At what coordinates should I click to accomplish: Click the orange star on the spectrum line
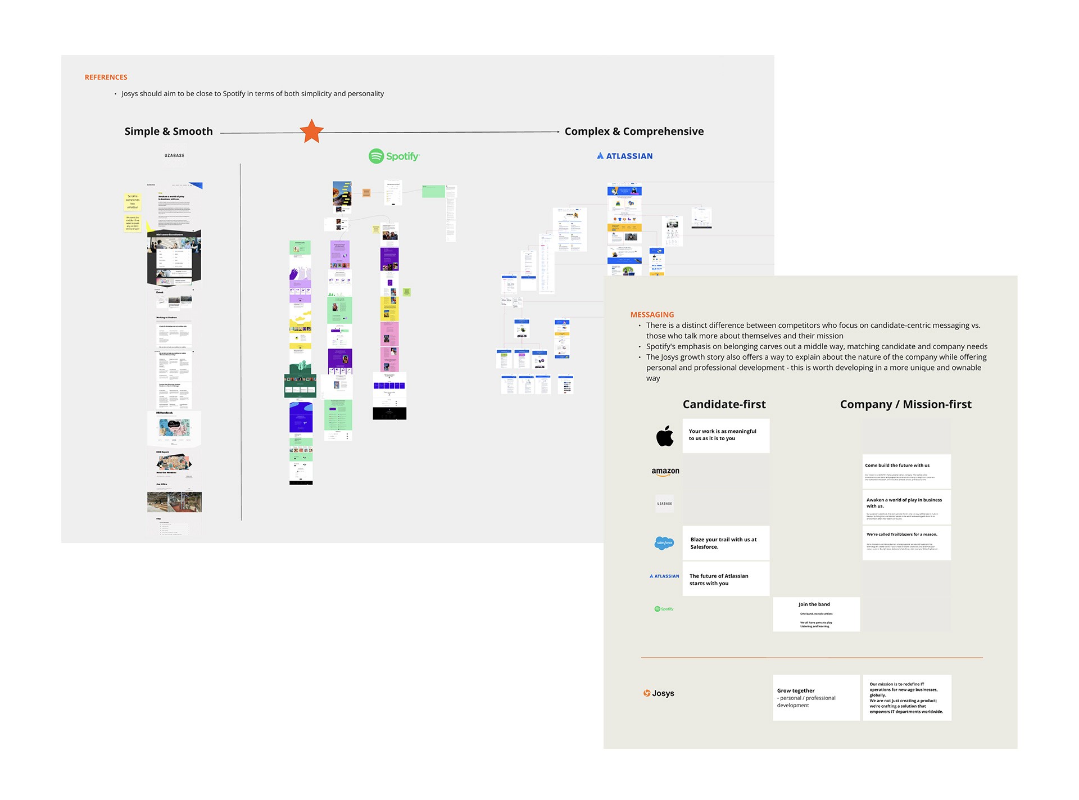(311, 132)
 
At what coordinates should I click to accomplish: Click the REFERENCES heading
(106, 77)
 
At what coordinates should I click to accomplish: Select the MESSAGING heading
(652, 315)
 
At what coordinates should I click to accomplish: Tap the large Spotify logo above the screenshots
(394, 156)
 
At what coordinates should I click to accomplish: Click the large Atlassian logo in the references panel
(624, 156)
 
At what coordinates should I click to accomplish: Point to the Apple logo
(665, 436)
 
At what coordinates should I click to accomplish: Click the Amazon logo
(665, 472)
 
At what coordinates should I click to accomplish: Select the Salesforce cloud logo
(664, 543)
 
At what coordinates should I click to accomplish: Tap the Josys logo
(659, 693)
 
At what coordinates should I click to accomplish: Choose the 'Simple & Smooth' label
(169, 132)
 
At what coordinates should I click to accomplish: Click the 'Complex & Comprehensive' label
(634, 132)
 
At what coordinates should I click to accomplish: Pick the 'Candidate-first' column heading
(724, 404)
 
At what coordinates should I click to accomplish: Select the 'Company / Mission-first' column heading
(905, 404)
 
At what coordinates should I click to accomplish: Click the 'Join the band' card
(816, 614)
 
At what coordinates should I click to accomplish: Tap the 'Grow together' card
(816, 697)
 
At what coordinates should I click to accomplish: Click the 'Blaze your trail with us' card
(726, 543)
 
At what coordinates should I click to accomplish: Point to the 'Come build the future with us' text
(897, 465)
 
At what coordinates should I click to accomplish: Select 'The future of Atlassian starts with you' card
(726, 579)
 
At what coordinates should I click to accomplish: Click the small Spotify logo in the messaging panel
(664, 609)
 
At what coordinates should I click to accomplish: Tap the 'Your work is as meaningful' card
(726, 435)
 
